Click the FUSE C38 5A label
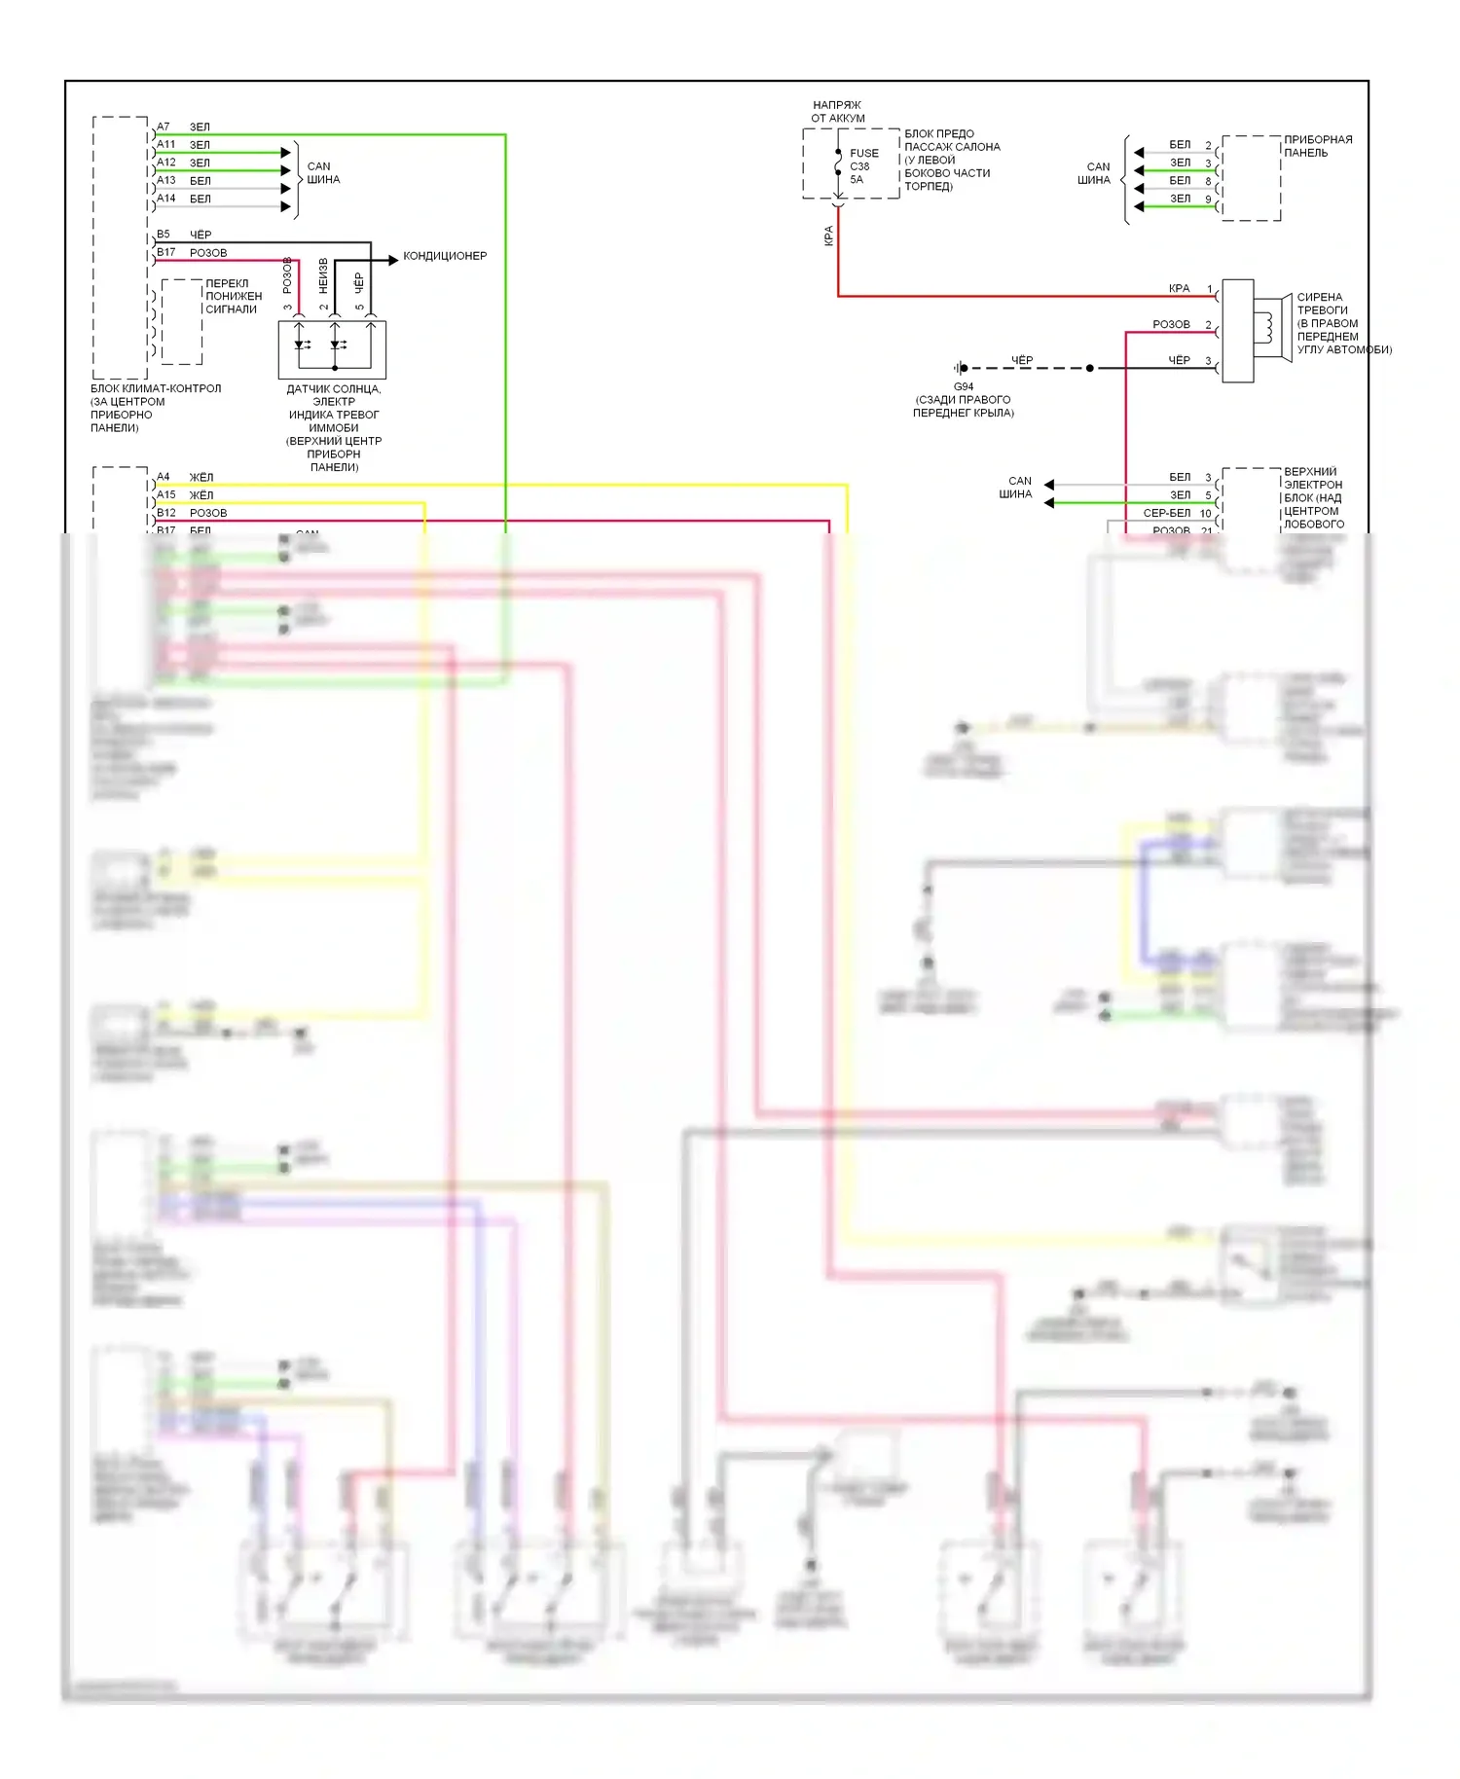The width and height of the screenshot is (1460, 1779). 862,166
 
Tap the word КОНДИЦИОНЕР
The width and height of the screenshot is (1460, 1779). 445,256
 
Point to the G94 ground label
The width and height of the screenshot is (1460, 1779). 963,386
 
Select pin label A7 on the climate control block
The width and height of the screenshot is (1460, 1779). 164,127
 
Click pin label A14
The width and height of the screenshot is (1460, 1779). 166,199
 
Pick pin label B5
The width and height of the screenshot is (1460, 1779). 164,235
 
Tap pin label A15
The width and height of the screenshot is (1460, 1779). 166,494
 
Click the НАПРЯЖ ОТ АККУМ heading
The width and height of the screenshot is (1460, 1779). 837,111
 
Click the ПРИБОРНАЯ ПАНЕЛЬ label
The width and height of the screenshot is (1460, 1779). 1317,146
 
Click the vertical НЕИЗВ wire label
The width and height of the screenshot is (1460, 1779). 323,275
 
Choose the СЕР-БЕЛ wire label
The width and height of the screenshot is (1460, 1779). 1166,513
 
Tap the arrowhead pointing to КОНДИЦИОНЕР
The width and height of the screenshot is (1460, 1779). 393,260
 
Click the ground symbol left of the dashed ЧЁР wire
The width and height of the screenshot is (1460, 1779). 960,368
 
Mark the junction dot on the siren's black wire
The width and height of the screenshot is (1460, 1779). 1089,368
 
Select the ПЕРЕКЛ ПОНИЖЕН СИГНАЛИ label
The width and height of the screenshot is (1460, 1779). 234,297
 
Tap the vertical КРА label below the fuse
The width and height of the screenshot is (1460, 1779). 829,236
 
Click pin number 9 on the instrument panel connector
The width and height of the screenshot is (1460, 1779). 1208,200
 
